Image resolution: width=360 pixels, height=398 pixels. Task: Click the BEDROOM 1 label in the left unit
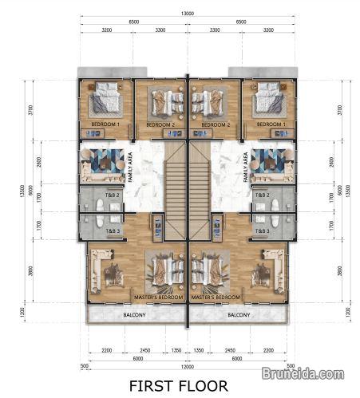[x=105, y=125]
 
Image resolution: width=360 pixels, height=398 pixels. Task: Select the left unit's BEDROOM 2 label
[x=160, y=125]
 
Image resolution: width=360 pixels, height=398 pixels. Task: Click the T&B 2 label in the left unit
[x=113, y=195]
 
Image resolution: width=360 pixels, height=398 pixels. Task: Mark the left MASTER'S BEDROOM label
[x=160, y=297]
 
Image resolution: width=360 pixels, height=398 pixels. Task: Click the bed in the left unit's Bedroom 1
[x=105, y=101]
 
